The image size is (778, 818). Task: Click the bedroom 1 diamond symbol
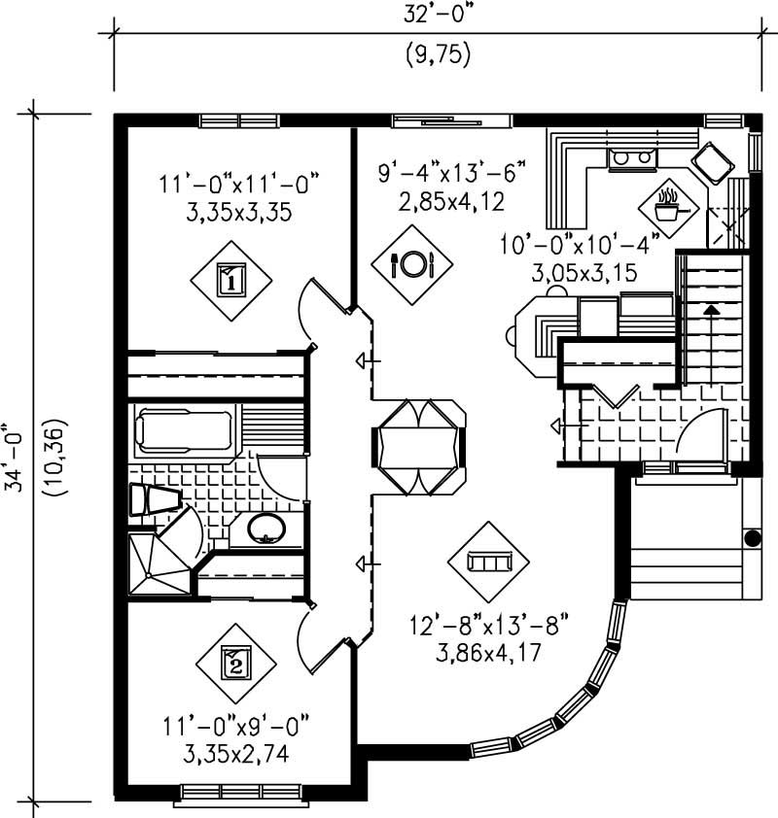click(230, 280)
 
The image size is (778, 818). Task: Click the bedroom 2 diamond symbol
click(236, 665)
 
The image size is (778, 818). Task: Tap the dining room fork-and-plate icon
click(409, 262)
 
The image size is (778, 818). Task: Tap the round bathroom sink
click(264, 528)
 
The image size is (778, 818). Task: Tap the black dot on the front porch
click(751, 537)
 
